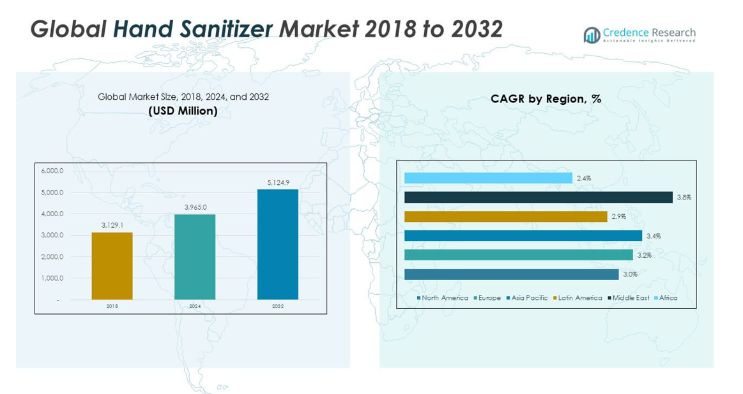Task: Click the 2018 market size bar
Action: pos(112,265)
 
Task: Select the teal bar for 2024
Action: pos(195,256)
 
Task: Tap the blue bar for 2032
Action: pos(278,244)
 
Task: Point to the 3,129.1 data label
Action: pos(112,225)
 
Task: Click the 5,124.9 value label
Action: pos(278,183)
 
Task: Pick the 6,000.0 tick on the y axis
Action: pos(52,171)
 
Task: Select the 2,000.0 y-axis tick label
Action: pos(52,256)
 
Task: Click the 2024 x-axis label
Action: pos(195,306)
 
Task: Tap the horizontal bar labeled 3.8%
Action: pos(539,198)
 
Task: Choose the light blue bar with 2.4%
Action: pos(488,178)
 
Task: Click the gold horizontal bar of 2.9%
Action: pos(505,217)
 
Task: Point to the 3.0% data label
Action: pos(631,274)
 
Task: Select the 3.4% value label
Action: pos(654,236)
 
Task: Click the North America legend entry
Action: pos(443,298)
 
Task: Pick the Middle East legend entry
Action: pos(629,298)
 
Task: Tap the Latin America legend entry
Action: pos(578,298)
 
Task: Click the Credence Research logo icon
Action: pos(592,35)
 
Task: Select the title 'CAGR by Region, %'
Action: pos(546,99)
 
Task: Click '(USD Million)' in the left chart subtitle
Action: pos(183,111)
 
